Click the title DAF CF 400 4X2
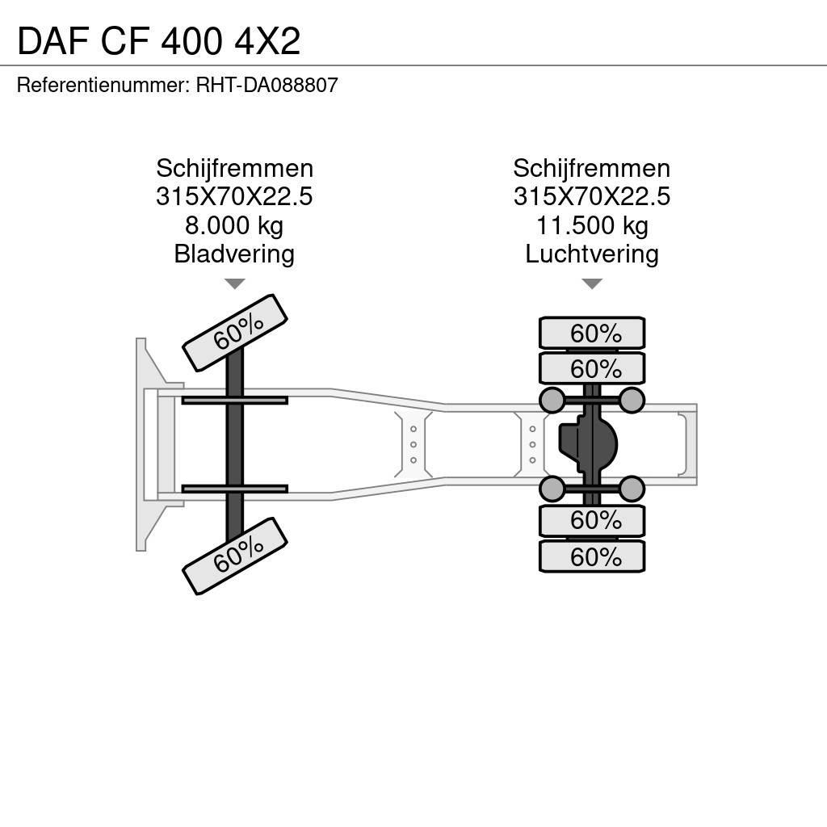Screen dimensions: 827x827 click(x=158, y=40)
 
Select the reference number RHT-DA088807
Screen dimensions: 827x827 click(x=267, y=85)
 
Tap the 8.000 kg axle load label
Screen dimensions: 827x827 click(x=234, y=225)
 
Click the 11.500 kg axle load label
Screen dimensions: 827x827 click(x=591, y=225)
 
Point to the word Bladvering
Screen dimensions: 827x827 click(x=234, y=254)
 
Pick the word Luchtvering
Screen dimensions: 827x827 click(x=591, y=254)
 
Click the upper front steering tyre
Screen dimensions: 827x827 click(x=235, y=332)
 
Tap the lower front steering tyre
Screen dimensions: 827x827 click(x=235, y=555)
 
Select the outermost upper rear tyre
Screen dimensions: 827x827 click(x=591, y=333)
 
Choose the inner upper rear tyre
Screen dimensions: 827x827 click(x=591, y=368)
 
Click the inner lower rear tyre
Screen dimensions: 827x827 click(x=591, y=521)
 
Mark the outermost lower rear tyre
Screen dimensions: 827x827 click(x=591, y=556)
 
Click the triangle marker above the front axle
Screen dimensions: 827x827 click(x=234, y=283)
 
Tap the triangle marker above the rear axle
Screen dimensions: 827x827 click(x=592, y=283)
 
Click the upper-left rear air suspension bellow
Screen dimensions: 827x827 click(x=552, y=400)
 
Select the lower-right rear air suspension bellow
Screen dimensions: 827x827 click(x=632, y=488)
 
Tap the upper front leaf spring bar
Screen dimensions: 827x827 click(x=234, y=400)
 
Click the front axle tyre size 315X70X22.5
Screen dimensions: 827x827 click(x=234, y=197)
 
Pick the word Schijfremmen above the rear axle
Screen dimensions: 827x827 click(x=591, y=169)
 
